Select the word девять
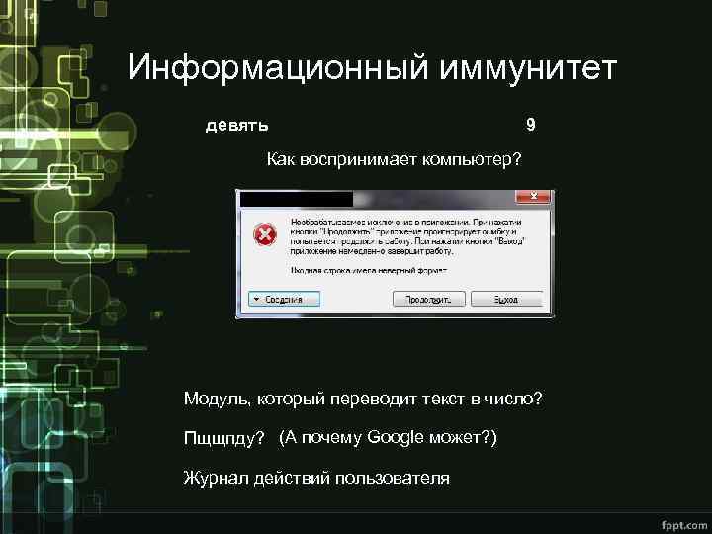pos(236,126)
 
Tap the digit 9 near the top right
pos(531,125)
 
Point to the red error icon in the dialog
pos(264,234)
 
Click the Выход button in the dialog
pos(506,299)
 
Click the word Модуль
pos(216,399)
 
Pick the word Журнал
pos(215,478)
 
